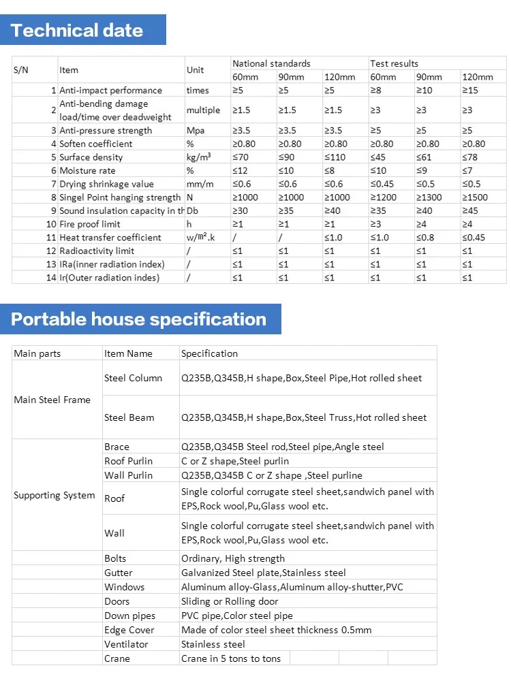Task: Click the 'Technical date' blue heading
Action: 77,31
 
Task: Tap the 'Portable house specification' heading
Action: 138,319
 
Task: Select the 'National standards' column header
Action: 271,63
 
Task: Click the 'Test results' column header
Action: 394,63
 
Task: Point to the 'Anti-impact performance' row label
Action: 110,90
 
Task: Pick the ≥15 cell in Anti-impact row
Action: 470,90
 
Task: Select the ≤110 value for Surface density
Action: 335,157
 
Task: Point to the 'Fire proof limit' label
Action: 90,224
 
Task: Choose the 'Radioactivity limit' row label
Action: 97,251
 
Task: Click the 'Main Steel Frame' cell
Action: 52,400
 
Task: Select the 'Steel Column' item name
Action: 133,378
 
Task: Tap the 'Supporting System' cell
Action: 54,495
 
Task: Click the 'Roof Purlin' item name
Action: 128,461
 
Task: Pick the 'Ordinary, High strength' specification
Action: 233,558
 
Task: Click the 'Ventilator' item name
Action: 126,644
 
